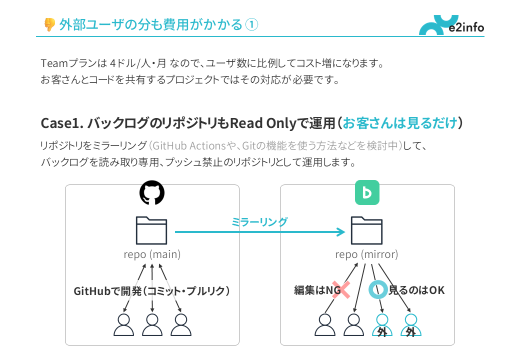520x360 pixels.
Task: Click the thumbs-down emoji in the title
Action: tap(49, 24)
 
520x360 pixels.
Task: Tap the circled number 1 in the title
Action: tap(252, 24)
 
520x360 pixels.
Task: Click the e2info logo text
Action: tap(466, 27)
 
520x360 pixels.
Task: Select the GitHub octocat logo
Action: tap(152, 193)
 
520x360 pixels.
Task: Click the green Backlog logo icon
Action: tap(367, 193)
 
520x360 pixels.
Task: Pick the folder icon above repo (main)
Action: tap(151, 230)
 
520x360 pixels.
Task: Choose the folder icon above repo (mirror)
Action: tap(366, 230)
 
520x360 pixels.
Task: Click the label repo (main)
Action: tap(152, 254)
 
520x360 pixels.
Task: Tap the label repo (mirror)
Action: tap(366, 254)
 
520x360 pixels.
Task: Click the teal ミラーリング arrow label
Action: tap(259, 222)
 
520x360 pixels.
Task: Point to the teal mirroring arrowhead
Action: tap(341, 232)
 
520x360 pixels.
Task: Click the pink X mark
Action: tap(340, 290)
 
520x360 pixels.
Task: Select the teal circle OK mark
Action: tap(377, 289)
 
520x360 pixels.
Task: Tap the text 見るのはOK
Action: tap(416, 290)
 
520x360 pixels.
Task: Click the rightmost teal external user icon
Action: tap(411, 325)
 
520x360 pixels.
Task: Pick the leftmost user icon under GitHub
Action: tap(123, 325)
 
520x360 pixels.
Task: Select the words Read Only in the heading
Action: tap(256, 123)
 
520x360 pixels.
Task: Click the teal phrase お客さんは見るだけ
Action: tap(400, 123)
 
